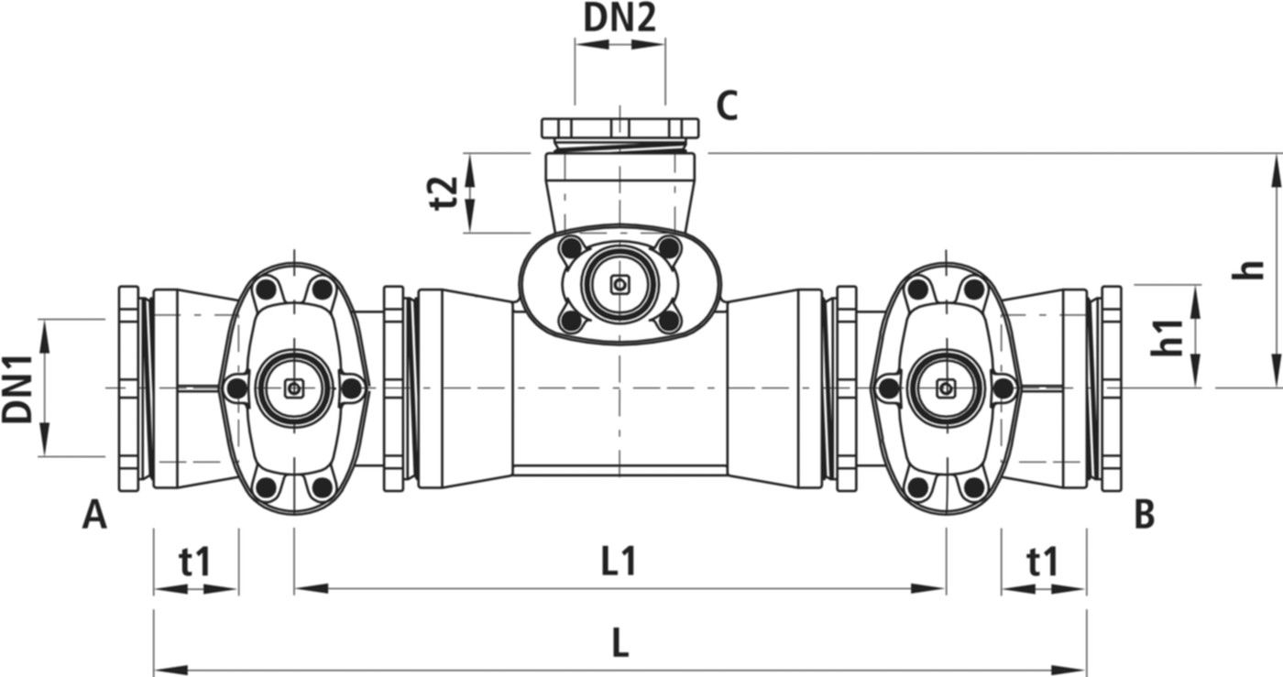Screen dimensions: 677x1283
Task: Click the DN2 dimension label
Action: point(620,18)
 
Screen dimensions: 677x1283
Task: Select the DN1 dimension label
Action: point(17,388)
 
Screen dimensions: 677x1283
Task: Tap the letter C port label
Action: point(726,107)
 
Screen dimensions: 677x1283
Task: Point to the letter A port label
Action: point(94,516)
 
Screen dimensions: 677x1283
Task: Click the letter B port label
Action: point(1144,516)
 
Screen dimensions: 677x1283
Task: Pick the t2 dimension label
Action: point(444,193)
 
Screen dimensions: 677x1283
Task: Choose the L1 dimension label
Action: point(620,562)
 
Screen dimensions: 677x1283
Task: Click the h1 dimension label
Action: point(1166,337)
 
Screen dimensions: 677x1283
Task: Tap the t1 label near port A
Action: point(194,562)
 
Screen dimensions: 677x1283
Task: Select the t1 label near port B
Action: point(1042,562)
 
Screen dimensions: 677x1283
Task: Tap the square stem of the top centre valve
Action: point(620,285)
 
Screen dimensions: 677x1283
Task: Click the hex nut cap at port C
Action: point(620,127)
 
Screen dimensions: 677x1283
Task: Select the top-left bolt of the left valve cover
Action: point(266,289)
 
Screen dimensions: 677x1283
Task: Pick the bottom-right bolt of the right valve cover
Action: point(974,487)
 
